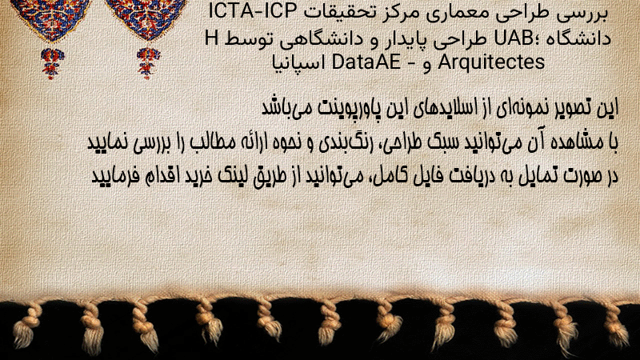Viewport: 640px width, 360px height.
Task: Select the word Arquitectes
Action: (x=491, y=62)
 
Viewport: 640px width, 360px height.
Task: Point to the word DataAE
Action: (x=366, y=62)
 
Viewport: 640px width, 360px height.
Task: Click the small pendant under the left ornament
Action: (x=51, y=62)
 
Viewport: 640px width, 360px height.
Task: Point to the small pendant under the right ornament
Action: (x=148, y=62)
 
